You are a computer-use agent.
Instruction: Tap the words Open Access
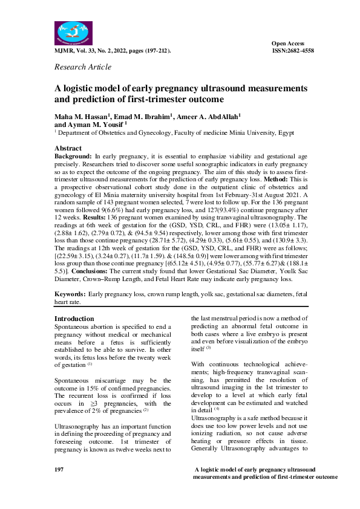(x=287, y=44)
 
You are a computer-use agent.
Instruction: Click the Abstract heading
(x=68, y=148)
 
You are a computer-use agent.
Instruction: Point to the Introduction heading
(x=74, y=319)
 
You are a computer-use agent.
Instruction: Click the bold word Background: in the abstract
(x=73, y=156)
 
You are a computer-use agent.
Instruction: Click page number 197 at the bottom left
(x=59, y=469)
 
